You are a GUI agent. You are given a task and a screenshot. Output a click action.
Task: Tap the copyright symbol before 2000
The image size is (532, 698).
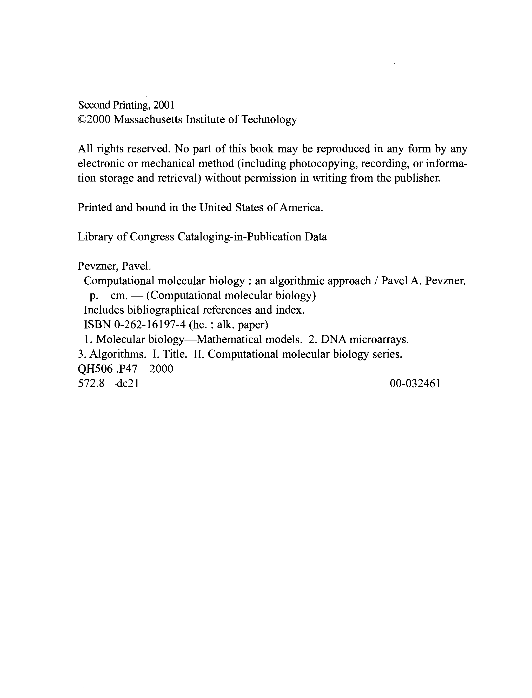point(82,120)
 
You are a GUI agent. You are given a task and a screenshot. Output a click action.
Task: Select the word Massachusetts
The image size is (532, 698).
point(148,120)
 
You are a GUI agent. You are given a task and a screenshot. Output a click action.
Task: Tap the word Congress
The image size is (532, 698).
point(152,237)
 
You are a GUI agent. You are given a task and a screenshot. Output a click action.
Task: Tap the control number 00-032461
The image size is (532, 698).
point(415,384)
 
